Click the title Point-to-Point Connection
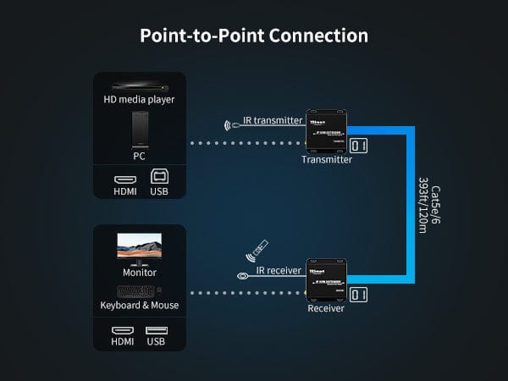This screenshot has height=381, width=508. point(254,36)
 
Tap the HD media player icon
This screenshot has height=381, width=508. point(139,86)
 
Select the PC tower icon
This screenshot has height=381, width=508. point(139,129)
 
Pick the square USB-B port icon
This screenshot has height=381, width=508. point(158,177)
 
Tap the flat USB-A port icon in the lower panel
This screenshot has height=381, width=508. point(157,330)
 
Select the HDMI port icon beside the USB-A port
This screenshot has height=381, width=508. point(123,330)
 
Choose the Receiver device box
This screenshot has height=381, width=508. point(326,279)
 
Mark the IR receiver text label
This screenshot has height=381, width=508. point(279,270)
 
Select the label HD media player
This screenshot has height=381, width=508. point(139,100)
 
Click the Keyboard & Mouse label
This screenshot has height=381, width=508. point(139,305)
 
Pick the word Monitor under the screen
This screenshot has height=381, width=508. point(139,273)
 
